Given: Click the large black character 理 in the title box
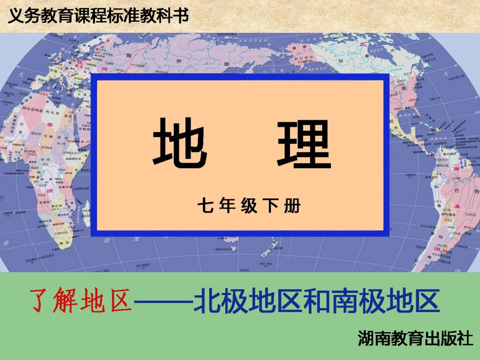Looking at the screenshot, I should [303, 143].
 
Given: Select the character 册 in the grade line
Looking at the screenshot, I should [292, 207].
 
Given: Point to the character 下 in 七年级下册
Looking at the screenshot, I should [270, 207].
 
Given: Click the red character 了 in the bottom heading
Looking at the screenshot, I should [42, 301].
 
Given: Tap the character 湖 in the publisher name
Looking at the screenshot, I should [365, 337].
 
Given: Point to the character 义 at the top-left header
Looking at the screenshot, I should [15, 16].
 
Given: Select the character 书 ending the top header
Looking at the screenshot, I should [180, 16].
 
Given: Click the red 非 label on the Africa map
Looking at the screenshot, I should [50, 124].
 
